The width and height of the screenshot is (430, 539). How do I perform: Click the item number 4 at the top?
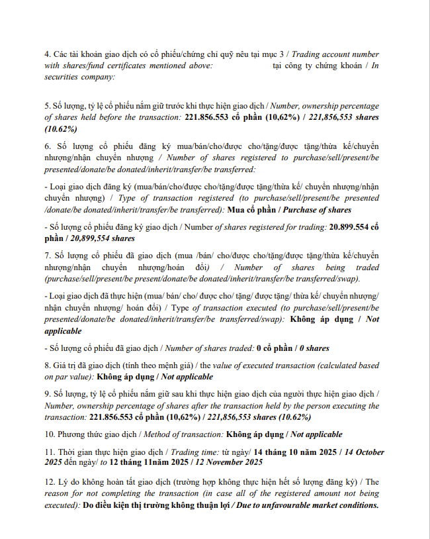pyautogui.click(x=47, y=53)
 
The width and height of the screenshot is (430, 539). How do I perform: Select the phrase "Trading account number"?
pyautogui.click(x=336, y=53)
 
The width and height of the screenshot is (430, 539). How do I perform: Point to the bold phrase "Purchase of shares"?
pyautogui.click(x=320, y=210)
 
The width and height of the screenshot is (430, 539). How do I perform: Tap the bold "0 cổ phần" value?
pyautogui.click(x=275, y=348)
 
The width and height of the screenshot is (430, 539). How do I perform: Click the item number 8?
pyautogui.click(x=47, y=366)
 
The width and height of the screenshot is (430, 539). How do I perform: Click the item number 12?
pyautogui.click(x=50, y=481)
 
